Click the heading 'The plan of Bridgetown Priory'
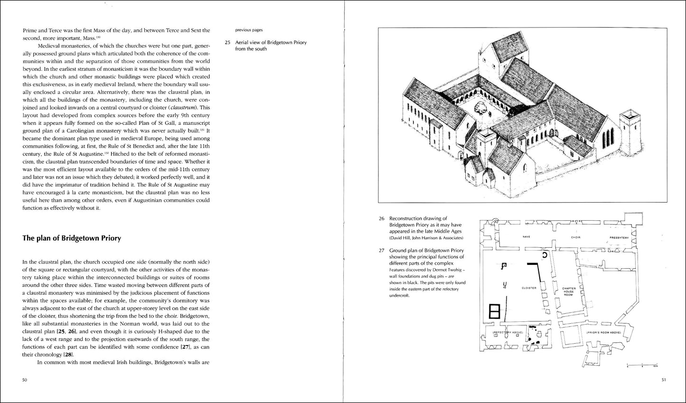coord(72,238)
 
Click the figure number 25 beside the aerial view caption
coord(227,42)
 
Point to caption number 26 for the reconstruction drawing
coord(382,219)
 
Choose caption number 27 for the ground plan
coord(382,250)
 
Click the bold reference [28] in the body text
coord(69,355)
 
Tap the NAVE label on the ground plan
coord(526,237)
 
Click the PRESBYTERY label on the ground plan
coord(619,237)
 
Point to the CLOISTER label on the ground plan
coord(528,288)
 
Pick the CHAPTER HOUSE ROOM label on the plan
coord(568,291)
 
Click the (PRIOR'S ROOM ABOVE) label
coord(603,333)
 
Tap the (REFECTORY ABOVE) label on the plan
coord(507,332)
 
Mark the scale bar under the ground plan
coord(641,365)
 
